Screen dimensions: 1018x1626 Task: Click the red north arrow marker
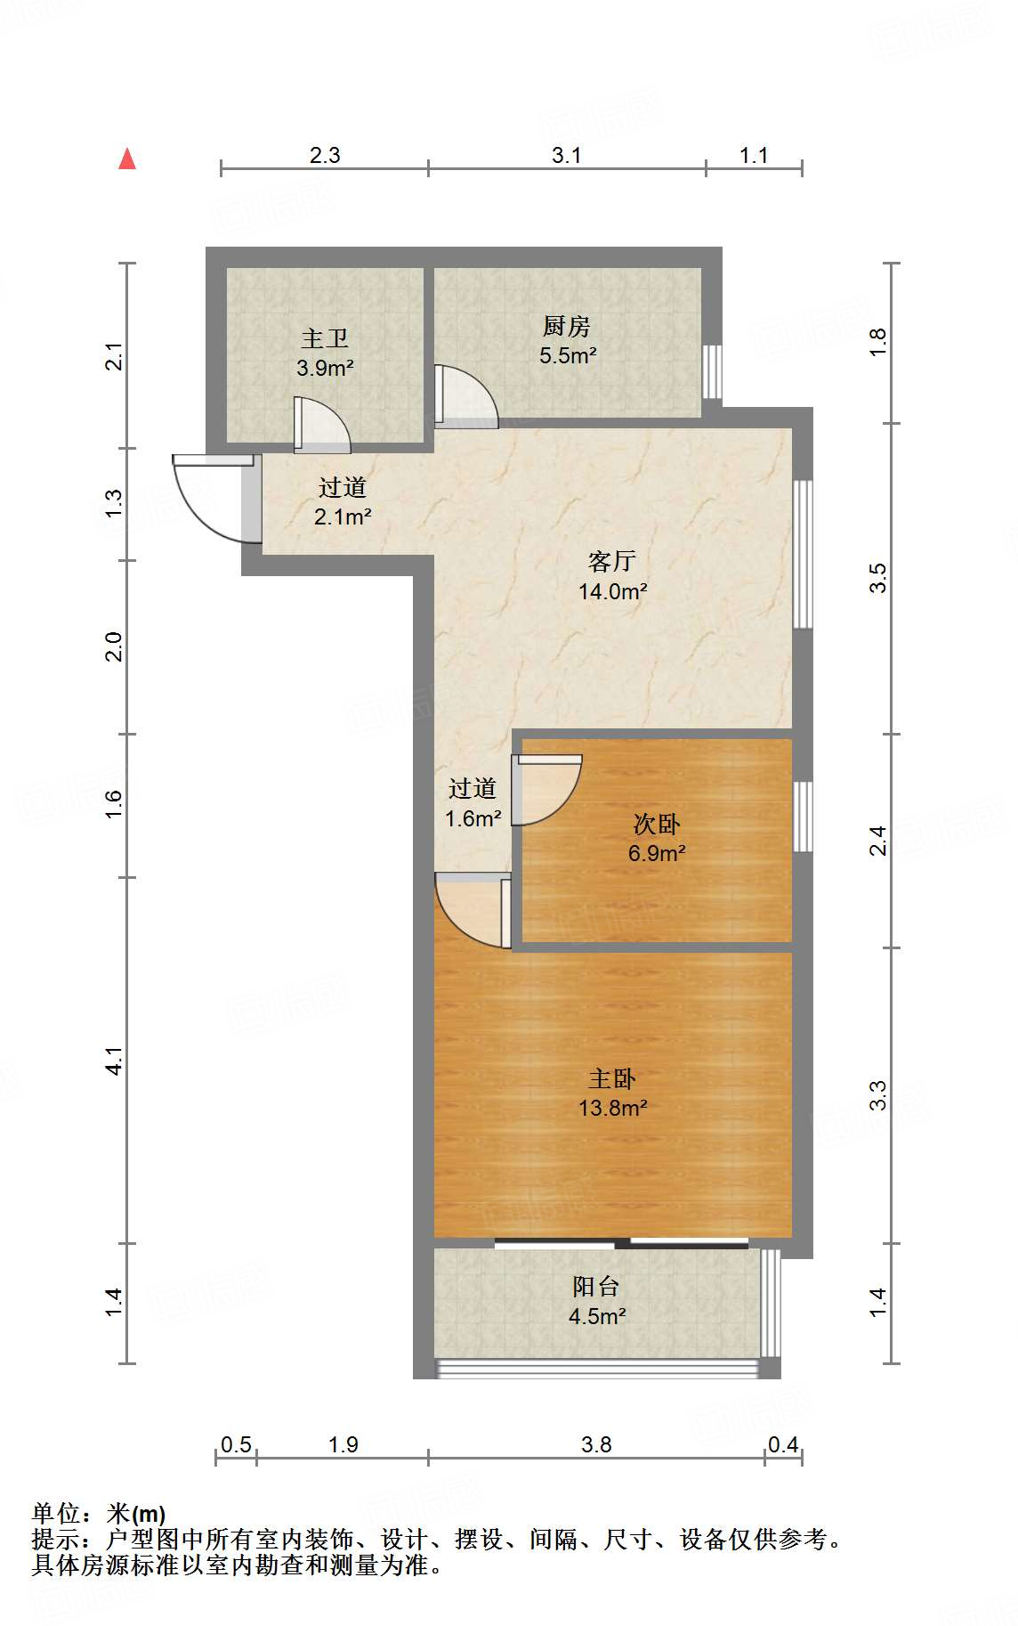127,159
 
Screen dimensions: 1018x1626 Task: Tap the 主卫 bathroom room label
325,338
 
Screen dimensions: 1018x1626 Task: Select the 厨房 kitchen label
567,327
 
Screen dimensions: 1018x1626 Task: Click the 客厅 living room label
612,561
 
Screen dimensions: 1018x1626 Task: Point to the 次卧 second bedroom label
657,824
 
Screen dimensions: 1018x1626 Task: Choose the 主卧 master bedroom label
612,1079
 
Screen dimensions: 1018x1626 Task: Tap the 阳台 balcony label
596,1286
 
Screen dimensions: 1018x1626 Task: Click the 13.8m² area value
612,1109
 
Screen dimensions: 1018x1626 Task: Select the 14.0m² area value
612,590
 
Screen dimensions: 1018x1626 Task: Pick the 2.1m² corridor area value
343,516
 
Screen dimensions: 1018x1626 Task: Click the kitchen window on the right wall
712,371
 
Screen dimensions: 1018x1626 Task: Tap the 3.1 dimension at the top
566,155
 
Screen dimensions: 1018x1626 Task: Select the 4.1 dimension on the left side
114,1061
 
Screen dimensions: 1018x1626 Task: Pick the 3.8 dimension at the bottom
596,1444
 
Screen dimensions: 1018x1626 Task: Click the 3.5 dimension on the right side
878,578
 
